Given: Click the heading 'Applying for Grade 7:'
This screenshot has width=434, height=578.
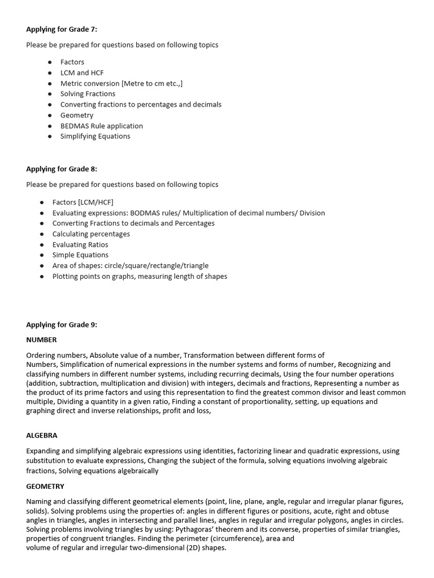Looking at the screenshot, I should pos(62,29).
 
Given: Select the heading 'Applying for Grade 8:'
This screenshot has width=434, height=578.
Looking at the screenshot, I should pos(62,169).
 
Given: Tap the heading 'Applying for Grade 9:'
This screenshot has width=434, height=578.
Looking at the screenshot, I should pos(62,325).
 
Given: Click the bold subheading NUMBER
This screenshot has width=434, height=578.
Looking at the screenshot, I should pos(41,340).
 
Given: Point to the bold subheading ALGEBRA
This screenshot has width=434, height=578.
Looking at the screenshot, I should pos(42,436).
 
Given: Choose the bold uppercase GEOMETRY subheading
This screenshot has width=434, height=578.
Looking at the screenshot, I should pos(45,486).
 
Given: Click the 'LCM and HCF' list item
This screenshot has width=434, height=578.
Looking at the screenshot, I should pos(82,73).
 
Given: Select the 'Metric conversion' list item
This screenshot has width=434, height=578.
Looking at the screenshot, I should pos(121,84).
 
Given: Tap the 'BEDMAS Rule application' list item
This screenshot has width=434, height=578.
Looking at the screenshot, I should pos(102,126).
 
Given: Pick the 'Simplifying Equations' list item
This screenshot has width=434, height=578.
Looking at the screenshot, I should pos(95,136).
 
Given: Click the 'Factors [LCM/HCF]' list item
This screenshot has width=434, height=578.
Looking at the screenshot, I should pos(83,202).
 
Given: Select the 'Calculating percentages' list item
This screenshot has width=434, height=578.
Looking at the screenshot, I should pos(91,234).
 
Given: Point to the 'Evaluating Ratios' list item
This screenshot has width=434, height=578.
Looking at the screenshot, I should pos(80,244).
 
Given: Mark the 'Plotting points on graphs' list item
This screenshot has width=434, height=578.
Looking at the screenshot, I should pos(140,277).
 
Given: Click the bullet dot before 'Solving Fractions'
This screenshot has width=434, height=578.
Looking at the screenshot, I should pos(50,94).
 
